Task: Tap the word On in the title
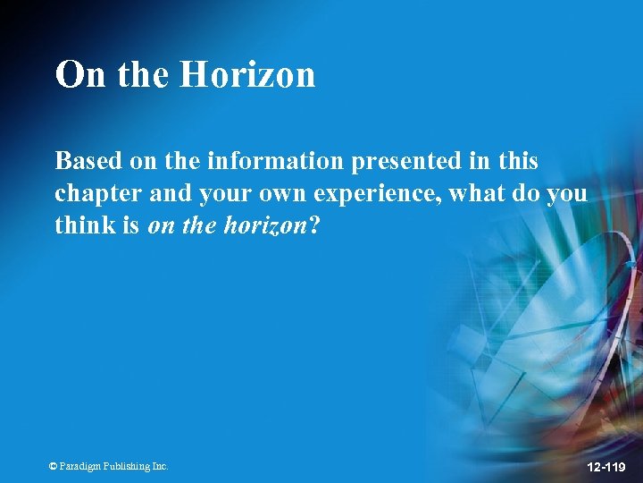click(80, 75)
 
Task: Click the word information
click(274, 161)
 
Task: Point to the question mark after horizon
click(313, 226)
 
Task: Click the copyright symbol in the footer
click(54, 467)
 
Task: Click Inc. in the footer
click(160, 467)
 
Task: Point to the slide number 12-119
click(605, 467)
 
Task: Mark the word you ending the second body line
click(568, 194)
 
